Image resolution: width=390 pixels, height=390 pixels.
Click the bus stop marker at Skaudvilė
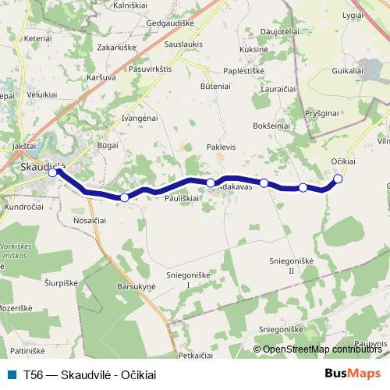click(x=52, y=173)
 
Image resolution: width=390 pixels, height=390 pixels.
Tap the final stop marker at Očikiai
click(x=338, y=179)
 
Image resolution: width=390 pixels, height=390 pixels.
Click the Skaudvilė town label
click(x=41, y=164)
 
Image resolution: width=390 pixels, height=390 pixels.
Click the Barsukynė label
click(x=136, y=287)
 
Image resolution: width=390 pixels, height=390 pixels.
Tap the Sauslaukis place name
click(x=184, y=44)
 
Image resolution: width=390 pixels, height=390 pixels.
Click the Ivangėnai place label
click(x=140, y=116)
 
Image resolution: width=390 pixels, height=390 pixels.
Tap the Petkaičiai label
click(x=196, y=355)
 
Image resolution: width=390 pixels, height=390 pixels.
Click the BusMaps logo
click(x=353, y=374)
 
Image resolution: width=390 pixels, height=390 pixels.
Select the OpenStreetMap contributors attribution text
click(x=319, y=349)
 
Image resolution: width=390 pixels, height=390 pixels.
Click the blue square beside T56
click(x=10, y=374)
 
